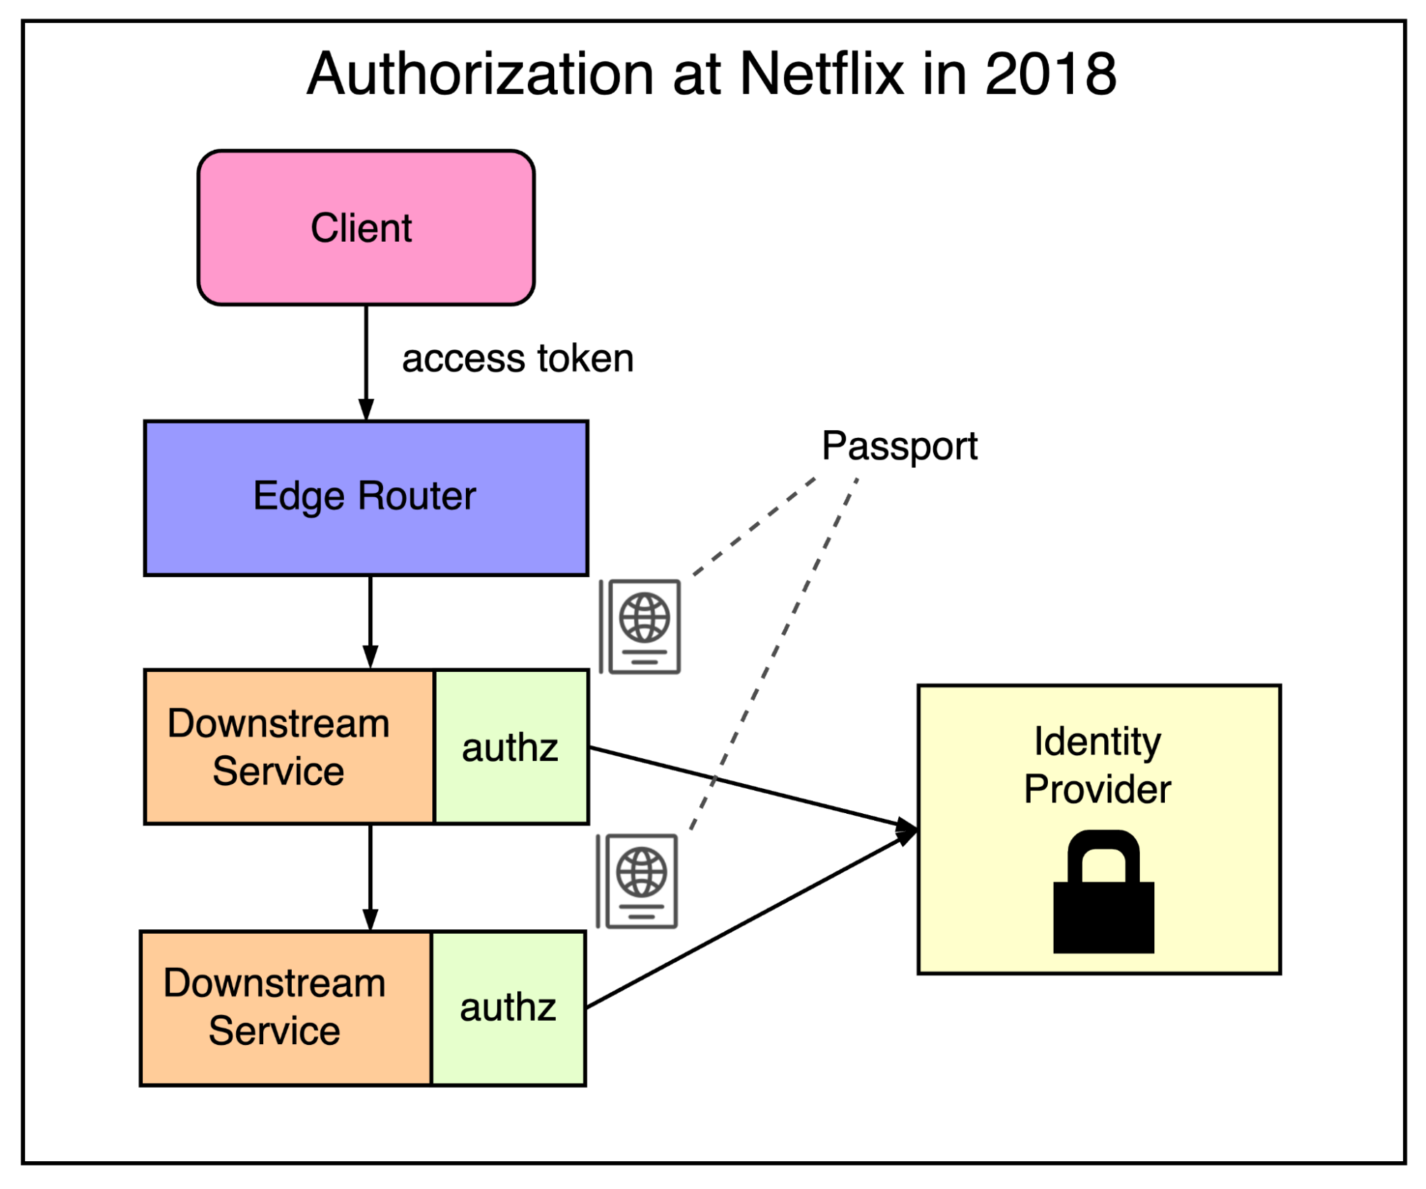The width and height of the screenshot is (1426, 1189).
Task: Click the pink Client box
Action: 366,228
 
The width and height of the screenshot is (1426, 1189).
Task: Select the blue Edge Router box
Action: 366,497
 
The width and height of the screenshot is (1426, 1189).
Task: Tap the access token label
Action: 517,358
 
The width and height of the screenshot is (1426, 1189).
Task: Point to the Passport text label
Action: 899,446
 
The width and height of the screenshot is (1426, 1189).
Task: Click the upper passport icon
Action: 641,626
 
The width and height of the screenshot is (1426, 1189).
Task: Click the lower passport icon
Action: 638,881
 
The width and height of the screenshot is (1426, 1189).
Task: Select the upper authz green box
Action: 511,747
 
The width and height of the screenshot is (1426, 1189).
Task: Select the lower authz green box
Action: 508,1007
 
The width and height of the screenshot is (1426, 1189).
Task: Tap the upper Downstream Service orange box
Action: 288,747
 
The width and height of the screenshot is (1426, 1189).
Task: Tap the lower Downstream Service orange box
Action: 285,1007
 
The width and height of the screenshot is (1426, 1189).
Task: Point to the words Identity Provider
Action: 1097,765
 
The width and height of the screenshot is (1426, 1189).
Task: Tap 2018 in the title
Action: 1050,73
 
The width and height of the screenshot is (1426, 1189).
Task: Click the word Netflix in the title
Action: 821,73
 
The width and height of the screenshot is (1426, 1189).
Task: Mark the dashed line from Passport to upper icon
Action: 755,526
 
